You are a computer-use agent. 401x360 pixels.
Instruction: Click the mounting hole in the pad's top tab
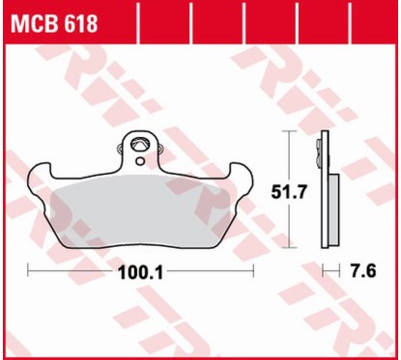click(x=142, y=147)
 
